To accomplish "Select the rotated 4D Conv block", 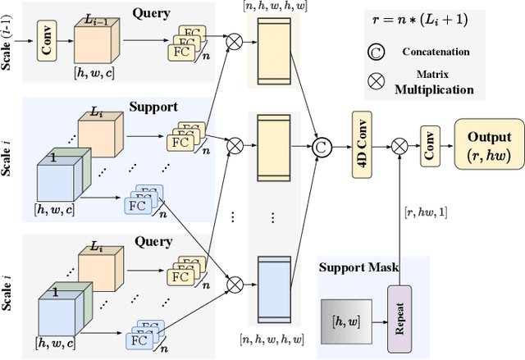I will (x=362, y=145).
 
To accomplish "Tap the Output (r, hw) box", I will (x=489, y=145).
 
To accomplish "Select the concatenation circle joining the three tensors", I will (x=321, y=145).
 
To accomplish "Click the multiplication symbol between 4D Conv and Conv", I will (x=399, y=145).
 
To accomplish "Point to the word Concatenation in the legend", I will (x=436, y=52).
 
